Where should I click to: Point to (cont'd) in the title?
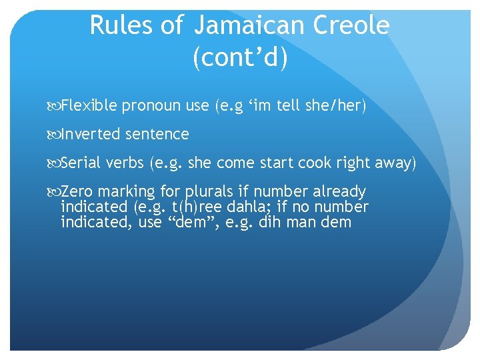pos(240,58)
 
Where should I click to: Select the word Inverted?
pos(89,135)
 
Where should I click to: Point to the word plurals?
pos(207,192)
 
